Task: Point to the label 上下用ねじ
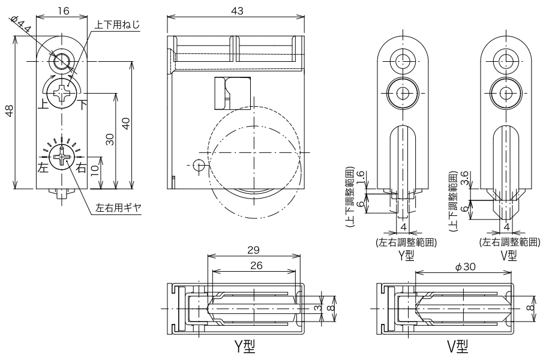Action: pyautogui.click(x=117, y=25)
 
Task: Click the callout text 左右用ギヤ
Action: pyautogui.click(x=118, y=208)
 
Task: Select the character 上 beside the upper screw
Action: pyautogui.click(x=43, y=102)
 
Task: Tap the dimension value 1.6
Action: pyautogui.click(x=358, y=178)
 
